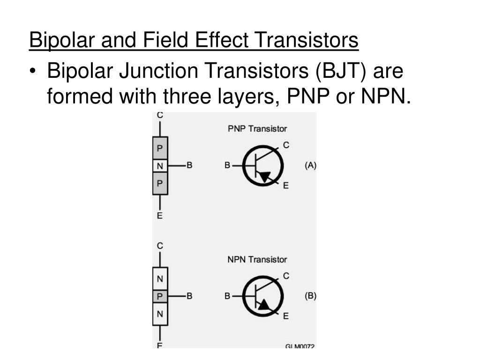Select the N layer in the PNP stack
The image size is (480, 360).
point(160,165)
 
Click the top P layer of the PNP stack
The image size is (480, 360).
point(160,149)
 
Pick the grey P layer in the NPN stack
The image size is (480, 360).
point(160,296)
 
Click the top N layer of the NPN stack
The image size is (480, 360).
point(160,279)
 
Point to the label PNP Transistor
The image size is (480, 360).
point(257,128)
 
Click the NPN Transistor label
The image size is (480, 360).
point(257,259)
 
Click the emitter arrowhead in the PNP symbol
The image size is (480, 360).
point(265,177)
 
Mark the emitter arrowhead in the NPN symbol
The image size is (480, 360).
point(264,305)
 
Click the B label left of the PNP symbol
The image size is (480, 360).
point(227,165)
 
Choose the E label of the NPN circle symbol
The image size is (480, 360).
point(286,316)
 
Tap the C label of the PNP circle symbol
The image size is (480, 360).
point(286,146)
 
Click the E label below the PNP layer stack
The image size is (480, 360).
point(160,216)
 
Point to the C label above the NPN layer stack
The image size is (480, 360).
point(160,246)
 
